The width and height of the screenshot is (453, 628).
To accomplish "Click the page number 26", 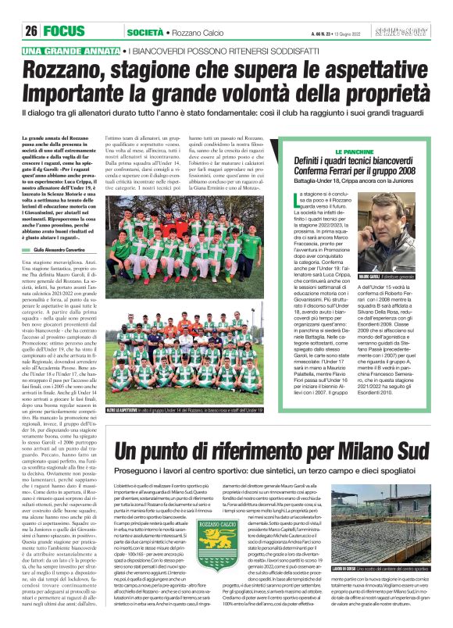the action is [31, 31].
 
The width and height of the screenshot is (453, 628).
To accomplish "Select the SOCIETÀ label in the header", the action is [144, 32].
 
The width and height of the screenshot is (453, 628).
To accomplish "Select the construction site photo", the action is [387, 535].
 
